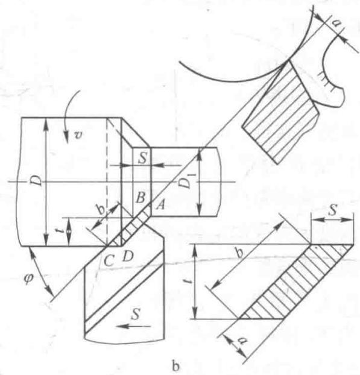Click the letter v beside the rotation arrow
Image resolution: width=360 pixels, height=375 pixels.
point(78,135)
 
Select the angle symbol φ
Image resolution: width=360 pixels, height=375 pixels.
point(29,279)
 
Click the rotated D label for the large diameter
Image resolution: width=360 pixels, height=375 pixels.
point(36,181)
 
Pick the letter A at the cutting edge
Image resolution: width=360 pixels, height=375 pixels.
point(160,205)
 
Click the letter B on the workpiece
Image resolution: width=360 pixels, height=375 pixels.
point(140,198)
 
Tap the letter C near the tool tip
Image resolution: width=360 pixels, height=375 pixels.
point(109,260)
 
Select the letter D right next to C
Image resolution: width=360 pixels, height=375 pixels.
point(128,257)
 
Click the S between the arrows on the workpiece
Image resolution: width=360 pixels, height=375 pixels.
point(142,158)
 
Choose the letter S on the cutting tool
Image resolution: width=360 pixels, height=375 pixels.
point(136,314)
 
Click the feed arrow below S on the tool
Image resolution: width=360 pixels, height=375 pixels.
point(135,326)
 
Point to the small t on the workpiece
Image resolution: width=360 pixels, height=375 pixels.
point(62,231)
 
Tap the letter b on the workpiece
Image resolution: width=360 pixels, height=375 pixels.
point(101,210)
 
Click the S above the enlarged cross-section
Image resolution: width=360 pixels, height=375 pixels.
point(333,210)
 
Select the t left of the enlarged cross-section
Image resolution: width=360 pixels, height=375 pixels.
point(189,282)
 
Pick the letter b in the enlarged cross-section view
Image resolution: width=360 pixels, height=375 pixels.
point(239,252)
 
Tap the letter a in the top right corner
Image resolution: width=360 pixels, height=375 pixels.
point(336,23)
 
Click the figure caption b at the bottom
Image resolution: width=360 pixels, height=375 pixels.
point(176,366)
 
